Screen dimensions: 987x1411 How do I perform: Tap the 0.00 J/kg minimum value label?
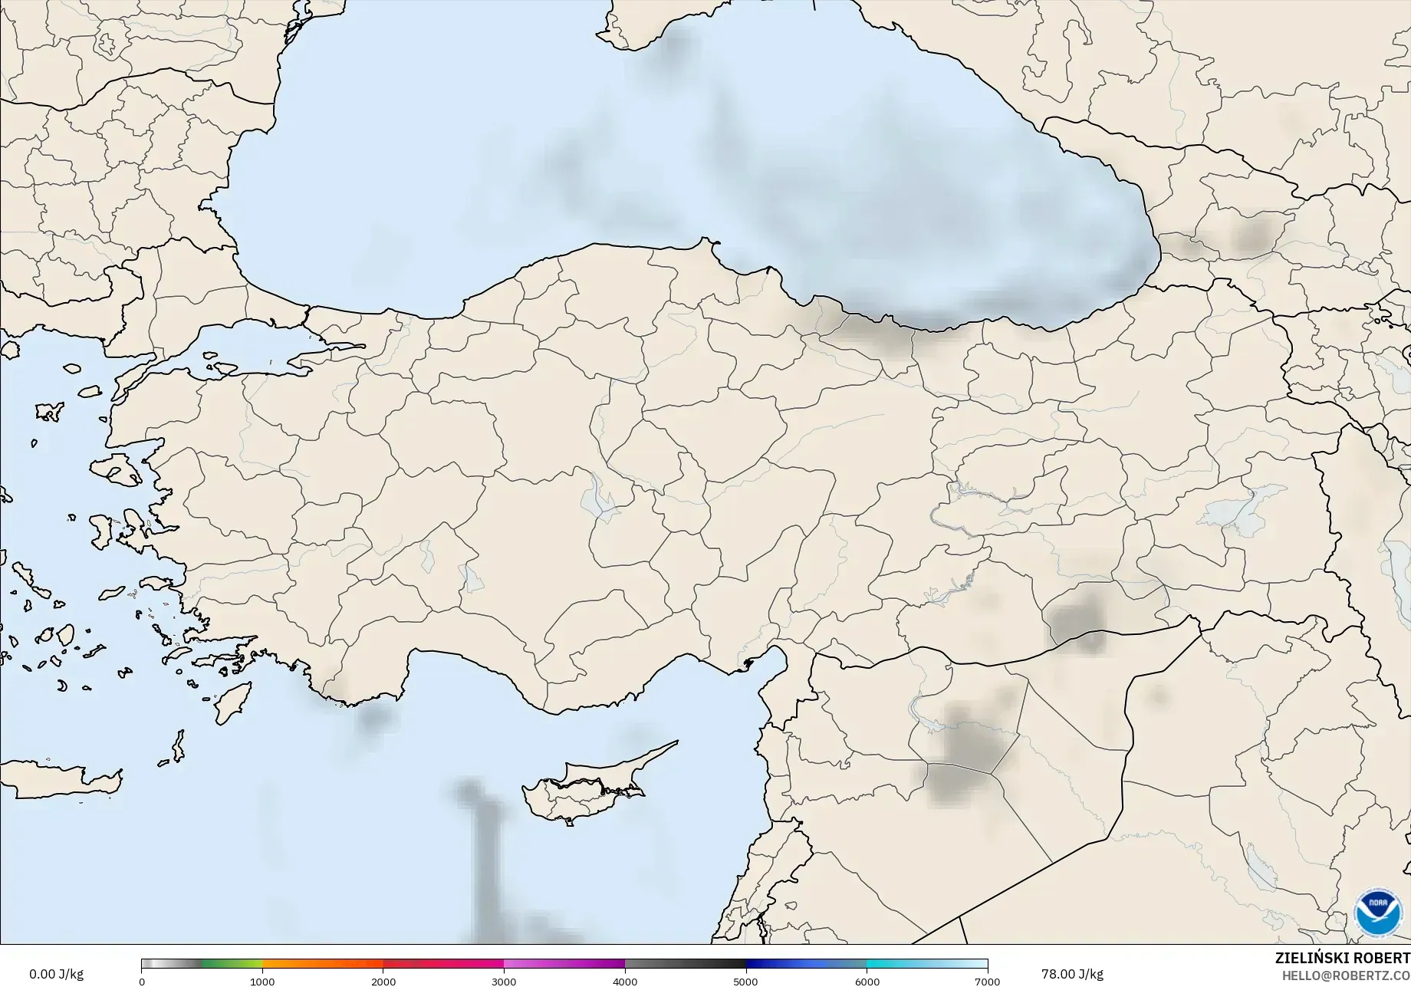[56, 974]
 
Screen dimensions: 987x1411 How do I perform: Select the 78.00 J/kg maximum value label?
[1067, 974]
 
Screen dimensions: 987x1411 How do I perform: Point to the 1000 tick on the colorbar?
[262, 981]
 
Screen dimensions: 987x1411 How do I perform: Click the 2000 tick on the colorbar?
[383, 981]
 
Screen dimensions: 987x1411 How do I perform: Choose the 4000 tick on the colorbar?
[625, 981]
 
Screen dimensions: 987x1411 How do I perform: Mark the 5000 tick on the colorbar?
[745, 981]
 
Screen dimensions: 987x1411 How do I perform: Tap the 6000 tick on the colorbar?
[867, 981]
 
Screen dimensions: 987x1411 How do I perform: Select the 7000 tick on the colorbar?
[987, 981]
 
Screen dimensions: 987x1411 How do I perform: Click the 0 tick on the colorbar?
[142, 981]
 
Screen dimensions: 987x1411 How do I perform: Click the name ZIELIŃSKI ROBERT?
[1342, 958]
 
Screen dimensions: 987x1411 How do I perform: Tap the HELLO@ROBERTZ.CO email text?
[1347, 974]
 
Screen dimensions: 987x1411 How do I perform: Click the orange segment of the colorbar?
[322, 964]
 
